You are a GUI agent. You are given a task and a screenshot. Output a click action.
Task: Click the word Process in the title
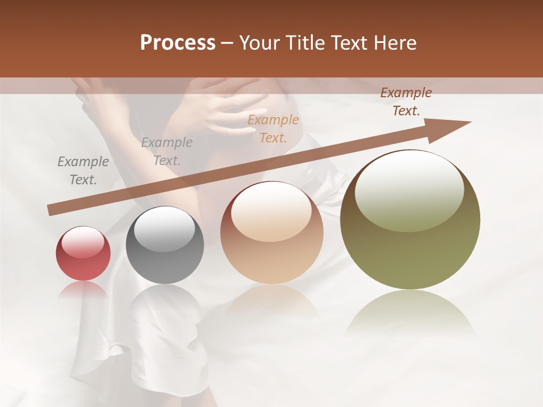click(178, 43)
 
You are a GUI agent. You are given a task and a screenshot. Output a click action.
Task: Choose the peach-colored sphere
click(271, 233)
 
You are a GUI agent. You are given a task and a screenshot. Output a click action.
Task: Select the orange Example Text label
click(273, 128)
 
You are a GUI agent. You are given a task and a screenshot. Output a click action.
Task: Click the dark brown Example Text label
click(406, 102)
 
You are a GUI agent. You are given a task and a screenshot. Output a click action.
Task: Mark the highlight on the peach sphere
click(271, 210)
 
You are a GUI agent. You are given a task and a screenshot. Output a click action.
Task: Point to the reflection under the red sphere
click(83, 289)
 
